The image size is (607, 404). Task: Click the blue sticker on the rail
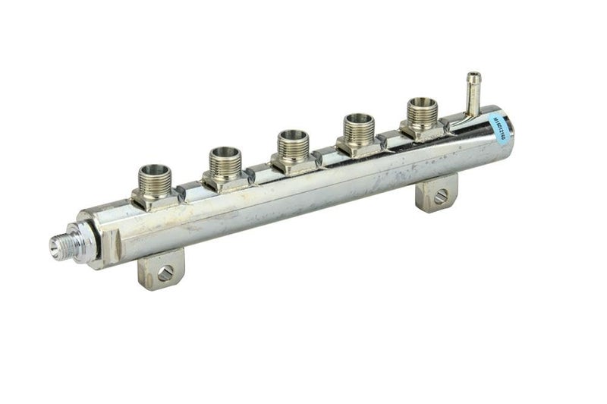pos(499,128)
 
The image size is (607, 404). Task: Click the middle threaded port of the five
pos(292,144)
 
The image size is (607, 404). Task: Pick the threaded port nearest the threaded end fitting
pos(154,178)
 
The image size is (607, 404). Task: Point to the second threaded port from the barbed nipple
pos(358,128)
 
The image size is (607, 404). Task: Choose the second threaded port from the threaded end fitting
pos(225,161)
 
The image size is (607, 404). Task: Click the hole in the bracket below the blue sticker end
pos(441,197)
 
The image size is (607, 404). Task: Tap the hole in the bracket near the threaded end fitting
pos(165,272)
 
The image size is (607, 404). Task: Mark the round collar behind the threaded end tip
pos(82,241)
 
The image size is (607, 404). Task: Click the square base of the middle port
pos(293,163)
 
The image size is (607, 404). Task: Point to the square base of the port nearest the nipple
pos(422,131)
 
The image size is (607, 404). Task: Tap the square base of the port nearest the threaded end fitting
pos(156,198)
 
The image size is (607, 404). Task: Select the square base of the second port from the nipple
pos(358,146)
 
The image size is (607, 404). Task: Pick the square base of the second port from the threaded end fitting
pos(225,181)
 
